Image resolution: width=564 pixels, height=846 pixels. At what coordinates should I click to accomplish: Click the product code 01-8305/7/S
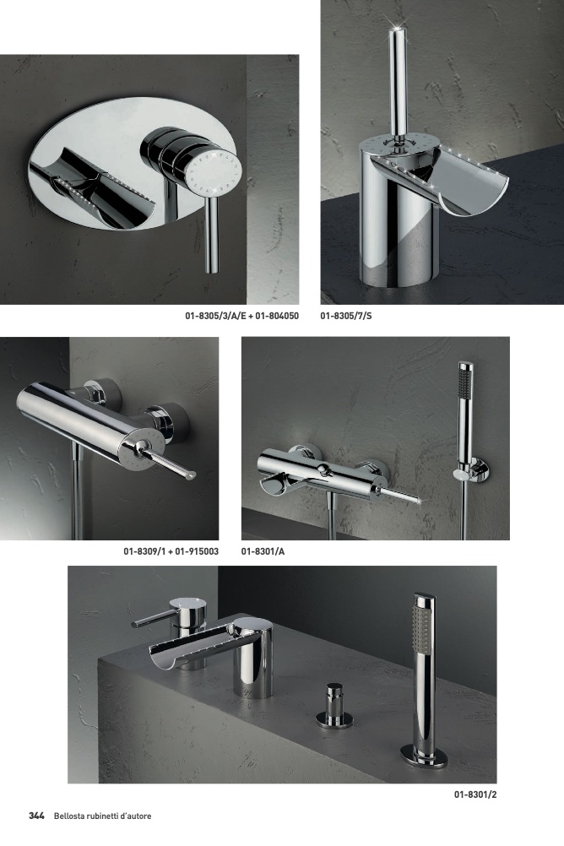(346, 316)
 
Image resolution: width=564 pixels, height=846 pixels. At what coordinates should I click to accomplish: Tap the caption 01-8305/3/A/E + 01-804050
(241, 316)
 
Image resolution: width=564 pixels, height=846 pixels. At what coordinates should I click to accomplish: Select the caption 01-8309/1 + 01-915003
(171, 551)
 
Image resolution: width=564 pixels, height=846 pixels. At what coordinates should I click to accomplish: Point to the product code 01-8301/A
(263, 551)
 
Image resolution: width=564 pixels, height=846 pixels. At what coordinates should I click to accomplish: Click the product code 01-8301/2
(475, 794)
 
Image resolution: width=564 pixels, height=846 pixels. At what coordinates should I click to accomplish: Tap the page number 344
(36, 816)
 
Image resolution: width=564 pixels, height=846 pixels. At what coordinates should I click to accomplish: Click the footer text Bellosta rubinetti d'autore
(102, 816)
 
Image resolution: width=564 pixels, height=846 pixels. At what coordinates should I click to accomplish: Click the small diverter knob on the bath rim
(334, 706)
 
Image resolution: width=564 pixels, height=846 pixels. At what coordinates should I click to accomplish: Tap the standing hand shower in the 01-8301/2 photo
(424, 675)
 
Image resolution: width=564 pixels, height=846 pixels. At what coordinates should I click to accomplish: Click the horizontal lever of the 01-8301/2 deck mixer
(155, 618)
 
